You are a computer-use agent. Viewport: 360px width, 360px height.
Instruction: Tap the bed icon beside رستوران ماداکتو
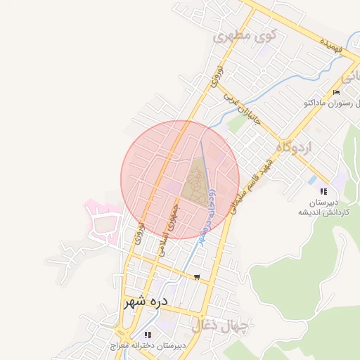pyautogui.click(x=336, y=93)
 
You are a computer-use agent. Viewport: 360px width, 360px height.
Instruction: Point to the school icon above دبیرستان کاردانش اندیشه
pyautogui.click(x=323, y=191)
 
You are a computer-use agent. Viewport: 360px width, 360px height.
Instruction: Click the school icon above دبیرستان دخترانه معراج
pyautogui.click(x=147, y=335)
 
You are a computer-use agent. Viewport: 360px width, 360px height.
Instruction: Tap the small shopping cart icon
pyautogui.click(x=196, y=276)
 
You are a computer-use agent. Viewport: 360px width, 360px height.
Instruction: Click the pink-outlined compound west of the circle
pyautogui.click(x=102, y=222)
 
